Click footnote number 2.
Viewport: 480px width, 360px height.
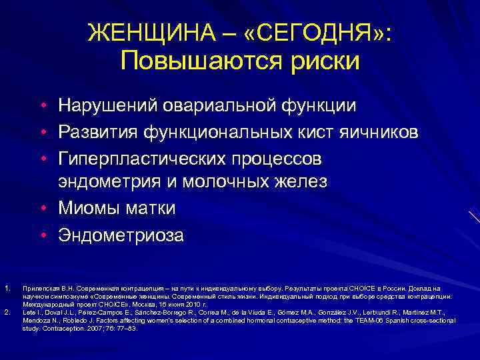coord(6,311)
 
